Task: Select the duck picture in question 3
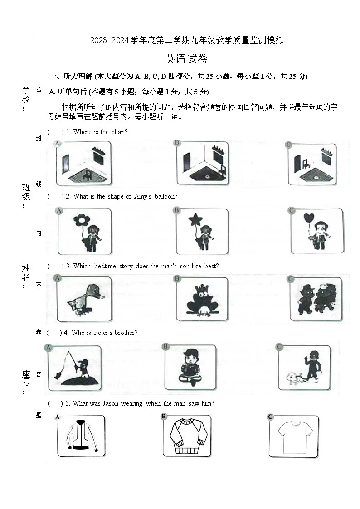click(x=85, y=299)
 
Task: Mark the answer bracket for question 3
click(x=55, y=266)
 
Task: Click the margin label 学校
click(x=26, y=94)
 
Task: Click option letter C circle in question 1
click(x=288, y=145)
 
